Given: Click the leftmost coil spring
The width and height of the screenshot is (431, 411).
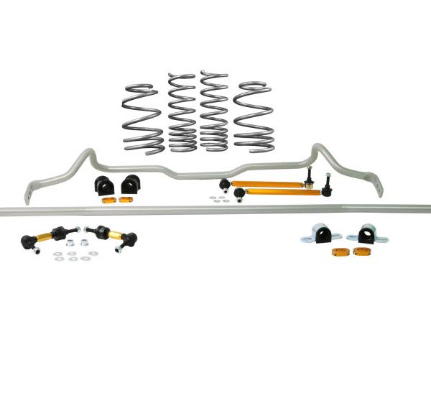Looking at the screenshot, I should tap(142, 117).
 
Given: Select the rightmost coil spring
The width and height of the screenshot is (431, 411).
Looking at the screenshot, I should tap(254, 116).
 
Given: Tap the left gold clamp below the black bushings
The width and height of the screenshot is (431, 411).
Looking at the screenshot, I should tap(107, 200).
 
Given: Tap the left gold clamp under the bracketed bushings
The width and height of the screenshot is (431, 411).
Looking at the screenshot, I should tap(338, 251).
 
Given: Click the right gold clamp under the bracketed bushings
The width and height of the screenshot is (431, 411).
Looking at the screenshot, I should tap(361, 251).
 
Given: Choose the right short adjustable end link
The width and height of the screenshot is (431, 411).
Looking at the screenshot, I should tap(105, 234).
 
